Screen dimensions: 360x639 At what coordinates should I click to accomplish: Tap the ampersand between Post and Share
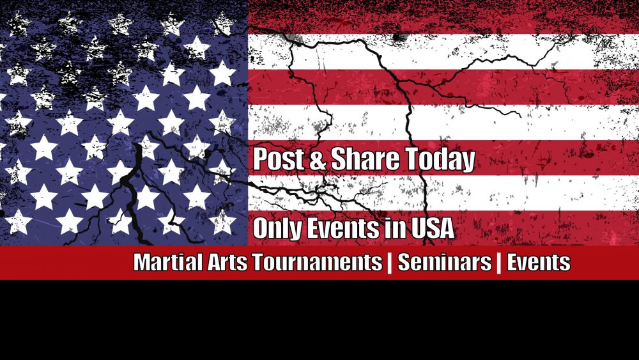click(317, 160)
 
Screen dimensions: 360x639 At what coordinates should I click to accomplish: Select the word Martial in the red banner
click(161, 263)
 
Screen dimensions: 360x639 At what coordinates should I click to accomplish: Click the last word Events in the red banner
click(538, 263)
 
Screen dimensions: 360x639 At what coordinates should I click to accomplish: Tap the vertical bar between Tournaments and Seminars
click(389, 263)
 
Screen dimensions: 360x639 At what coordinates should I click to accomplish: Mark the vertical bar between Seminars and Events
click(498, 263)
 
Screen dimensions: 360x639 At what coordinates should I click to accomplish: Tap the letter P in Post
click(259, 160)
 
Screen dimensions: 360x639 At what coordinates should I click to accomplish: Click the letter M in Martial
click(141, 263)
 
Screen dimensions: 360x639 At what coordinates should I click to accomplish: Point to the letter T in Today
click(412, 160)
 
